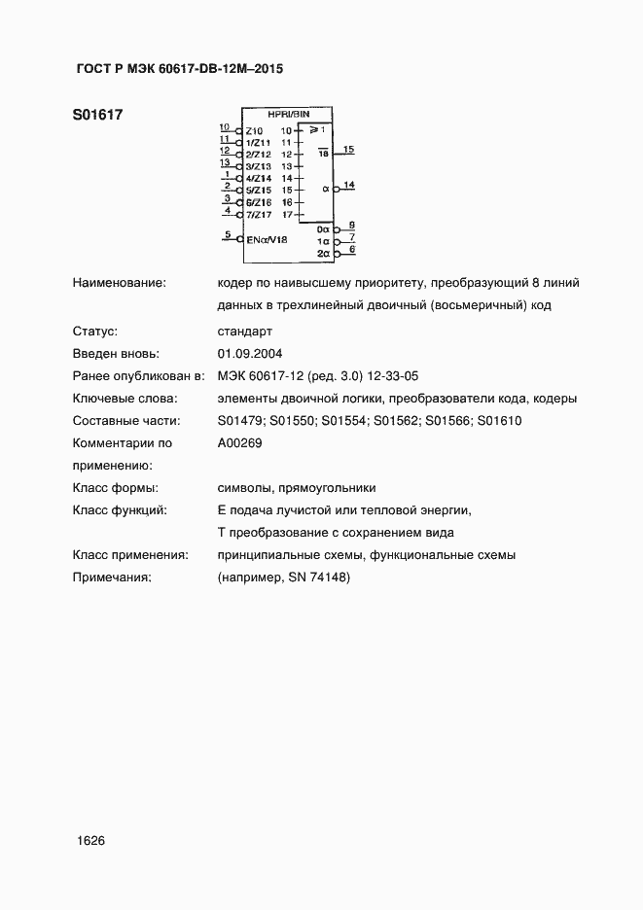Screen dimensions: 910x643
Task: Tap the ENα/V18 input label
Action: (267, 239)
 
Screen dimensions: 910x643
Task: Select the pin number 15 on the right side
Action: (348, 149)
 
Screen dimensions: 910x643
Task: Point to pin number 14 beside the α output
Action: (348, 185)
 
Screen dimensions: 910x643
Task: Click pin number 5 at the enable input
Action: (228, 234)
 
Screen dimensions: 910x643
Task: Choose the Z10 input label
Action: (254, 130)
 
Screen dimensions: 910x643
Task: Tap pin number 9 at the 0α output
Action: (352, 225)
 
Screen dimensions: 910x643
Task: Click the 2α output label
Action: (324, 252)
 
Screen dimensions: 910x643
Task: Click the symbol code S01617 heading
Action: (97, 115)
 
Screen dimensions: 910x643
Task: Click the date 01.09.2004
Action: (251, 354)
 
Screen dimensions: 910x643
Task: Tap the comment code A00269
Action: (240, 443)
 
